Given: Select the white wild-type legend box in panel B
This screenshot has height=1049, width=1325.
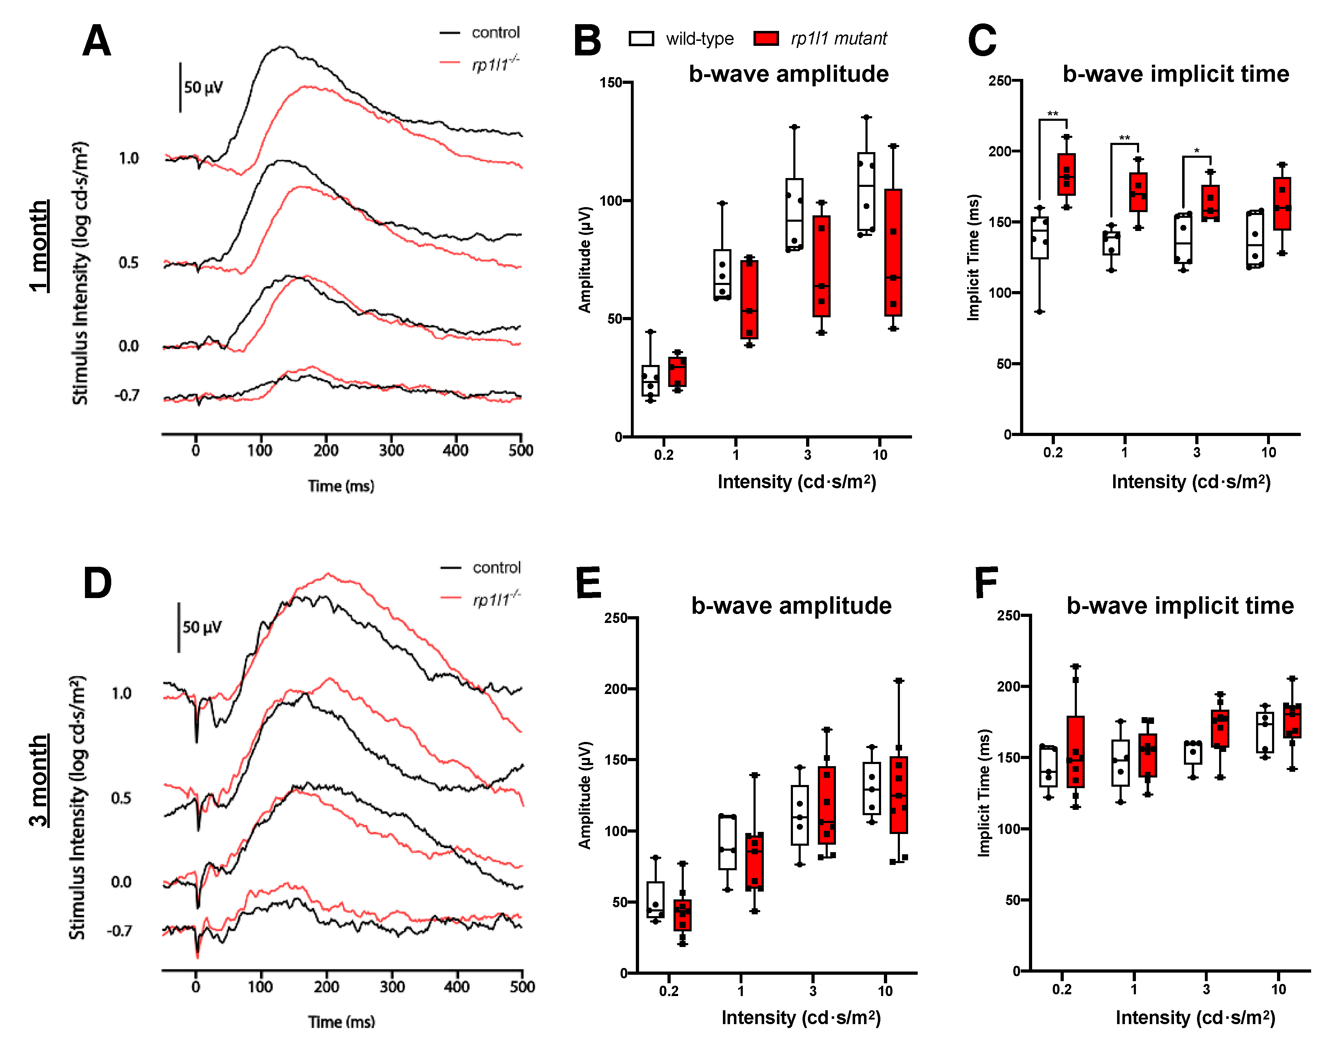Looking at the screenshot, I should point(641,39).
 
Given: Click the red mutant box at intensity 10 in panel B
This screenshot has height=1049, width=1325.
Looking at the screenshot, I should point(893,252).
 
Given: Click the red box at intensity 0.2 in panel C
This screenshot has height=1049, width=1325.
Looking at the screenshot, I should point(1066,174).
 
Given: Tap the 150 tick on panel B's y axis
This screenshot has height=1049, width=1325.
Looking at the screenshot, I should point(611,82).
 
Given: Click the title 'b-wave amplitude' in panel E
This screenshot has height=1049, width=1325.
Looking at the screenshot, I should point(791,606).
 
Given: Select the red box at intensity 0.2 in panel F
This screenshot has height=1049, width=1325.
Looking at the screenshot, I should point(1075,751).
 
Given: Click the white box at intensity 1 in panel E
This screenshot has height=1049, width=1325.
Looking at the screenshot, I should point(727,841).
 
